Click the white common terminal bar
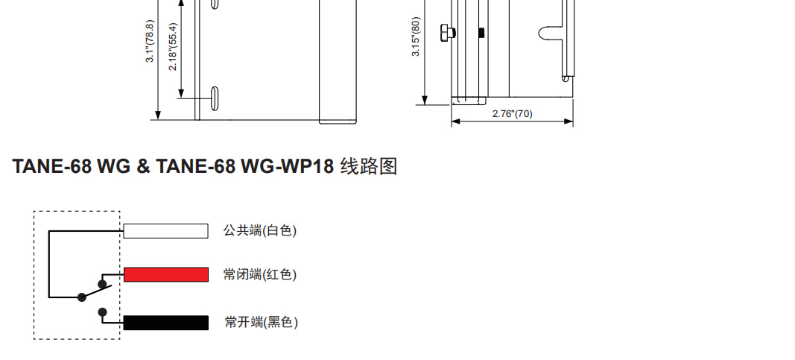pyautogui.click(x=165, y=231)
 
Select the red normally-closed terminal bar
pyautogui.click(x=166, y=274)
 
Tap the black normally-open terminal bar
pyautogui.click(x=165, y=323)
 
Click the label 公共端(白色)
pyautogui.click(x=260, y=231)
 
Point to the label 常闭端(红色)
pyautogui.click(x=260, y=275)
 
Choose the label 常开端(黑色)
pyautogui.click(x=261, y=323)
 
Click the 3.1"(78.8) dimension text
pyautogui.click(x=150, y=42)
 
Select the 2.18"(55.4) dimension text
pyautogui.click(x=173, y=46)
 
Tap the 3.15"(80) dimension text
pyautogui.click(x=416, y=36)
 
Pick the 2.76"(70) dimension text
pyautogui.click(x=513, y=114)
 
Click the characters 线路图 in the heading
pyautogui.click(x=369, y=166)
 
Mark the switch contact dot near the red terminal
pyautogui.click(x=102, y=284)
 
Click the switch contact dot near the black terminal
pyautogui.click(x=103, y=312)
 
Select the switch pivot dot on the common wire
pyautogui.click(x=80, y=297)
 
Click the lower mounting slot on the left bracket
pyautogui.click(x=215, y=98)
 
